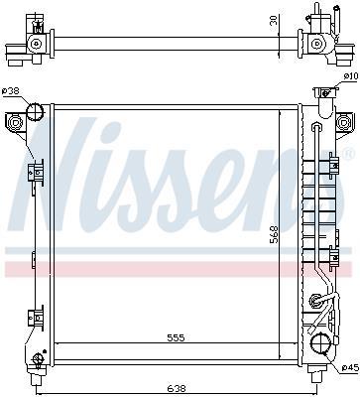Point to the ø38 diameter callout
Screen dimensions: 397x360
[11, 92]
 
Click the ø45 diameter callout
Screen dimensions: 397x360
[349, 369]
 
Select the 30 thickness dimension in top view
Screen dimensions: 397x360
[300, 21]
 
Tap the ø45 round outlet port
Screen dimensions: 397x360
[320, 344]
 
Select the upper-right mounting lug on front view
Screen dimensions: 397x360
[343, 122]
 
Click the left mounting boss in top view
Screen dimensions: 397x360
[37, 44]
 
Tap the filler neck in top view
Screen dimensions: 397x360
[318, 16]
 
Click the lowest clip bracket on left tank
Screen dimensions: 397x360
[35, 317]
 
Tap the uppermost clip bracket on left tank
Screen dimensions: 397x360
[38, 176]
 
